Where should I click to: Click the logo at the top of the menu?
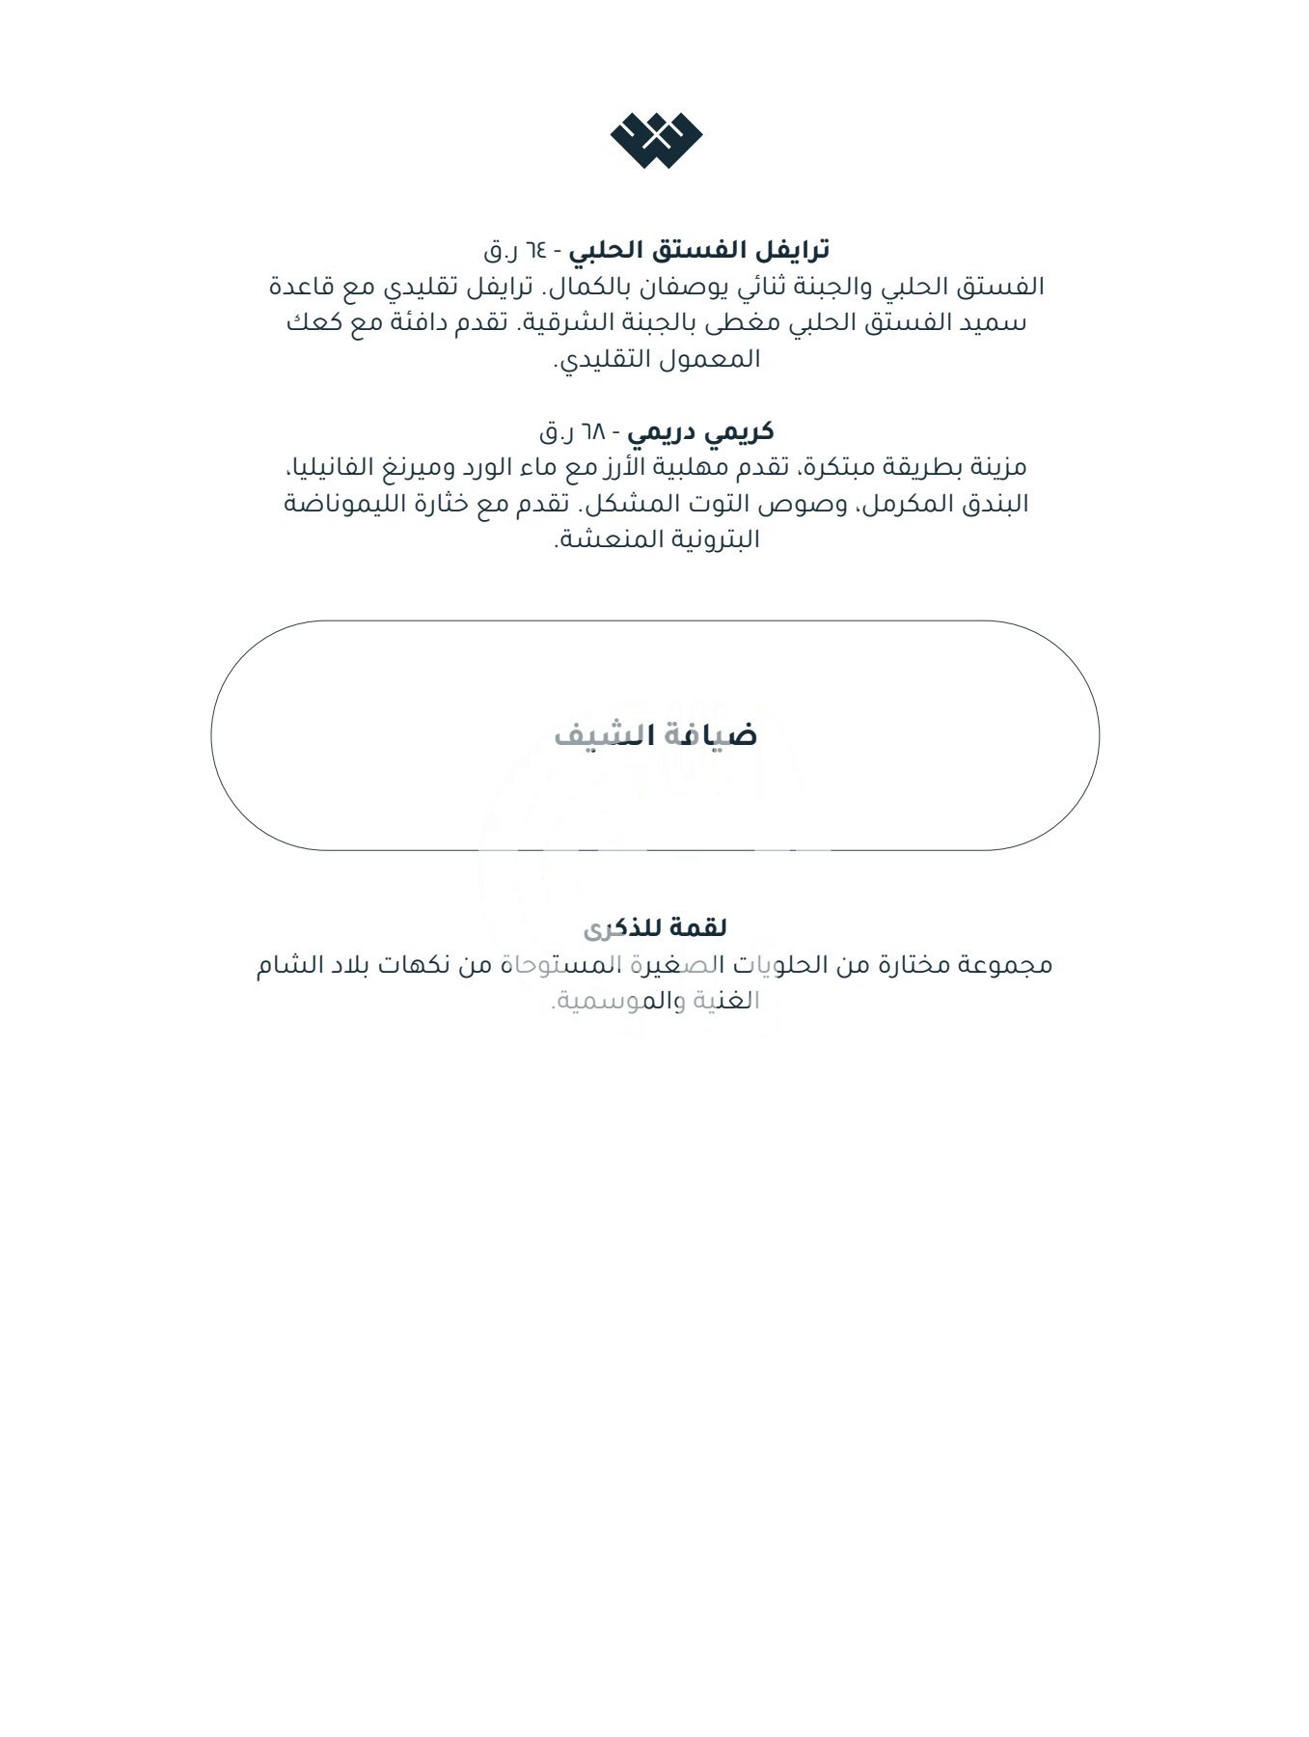(656, 141)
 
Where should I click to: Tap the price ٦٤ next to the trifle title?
(535, 251)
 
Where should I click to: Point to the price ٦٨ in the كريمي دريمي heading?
(591, 431)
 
